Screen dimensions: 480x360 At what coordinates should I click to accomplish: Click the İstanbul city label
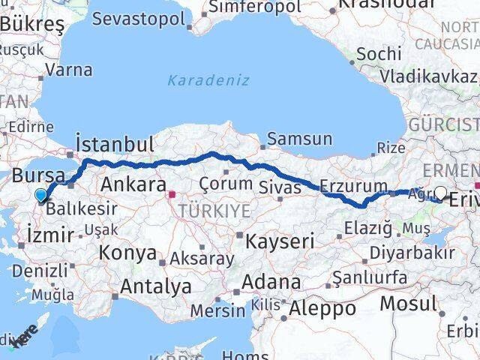[x=114, y=144]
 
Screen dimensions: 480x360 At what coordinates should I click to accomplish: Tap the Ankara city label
[x=133, y=184]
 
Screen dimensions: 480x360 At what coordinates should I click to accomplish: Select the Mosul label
[x=407, y=304]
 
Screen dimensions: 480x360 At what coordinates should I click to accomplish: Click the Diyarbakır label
[x=412, y=253]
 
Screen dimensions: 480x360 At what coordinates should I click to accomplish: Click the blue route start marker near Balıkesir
[x=40, y=196]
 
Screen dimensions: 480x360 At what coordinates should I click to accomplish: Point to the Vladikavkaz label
[x=427, y=76]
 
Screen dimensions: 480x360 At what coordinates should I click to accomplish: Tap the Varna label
[x=68, y=70]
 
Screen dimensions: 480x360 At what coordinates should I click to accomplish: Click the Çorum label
[x=225, y=183]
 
